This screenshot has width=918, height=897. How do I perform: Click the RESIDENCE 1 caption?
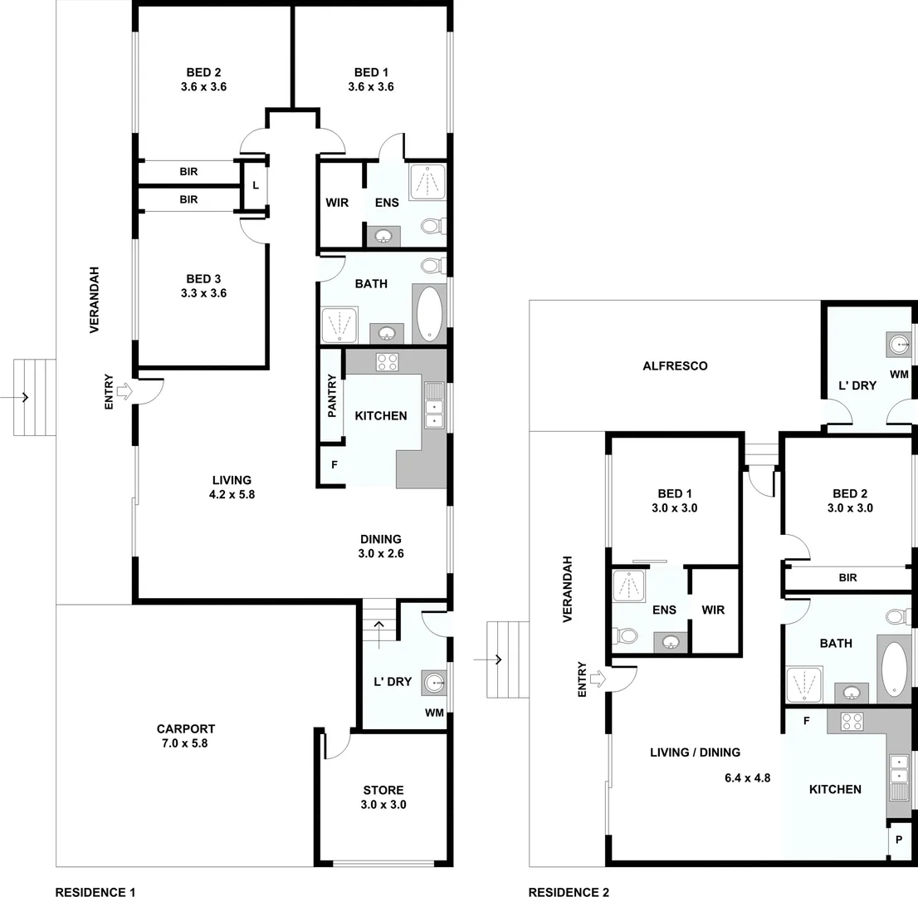[x=95, y=892]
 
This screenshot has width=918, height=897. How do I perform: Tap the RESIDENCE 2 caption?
[x=569, y=892]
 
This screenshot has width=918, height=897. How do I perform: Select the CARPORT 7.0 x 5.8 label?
[x=186, y=736]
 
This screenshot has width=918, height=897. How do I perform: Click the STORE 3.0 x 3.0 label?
[x=383, y=797]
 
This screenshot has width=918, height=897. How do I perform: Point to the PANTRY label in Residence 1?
[x=332, y=395]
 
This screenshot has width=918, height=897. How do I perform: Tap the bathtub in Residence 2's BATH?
[x=894, y=669]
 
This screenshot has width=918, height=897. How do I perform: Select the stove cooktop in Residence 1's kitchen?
[x=387, y=361]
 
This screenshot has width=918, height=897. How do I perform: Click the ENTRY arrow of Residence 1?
[x=125, y=390]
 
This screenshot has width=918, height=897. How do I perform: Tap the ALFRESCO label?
[x=676, y=365]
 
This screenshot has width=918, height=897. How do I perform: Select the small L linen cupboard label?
[x=256, y=185]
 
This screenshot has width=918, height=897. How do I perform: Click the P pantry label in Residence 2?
[x=899, y=840]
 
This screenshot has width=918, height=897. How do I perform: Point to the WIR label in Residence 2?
[x=713, y=610]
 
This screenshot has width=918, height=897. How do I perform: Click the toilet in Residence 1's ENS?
[x=432, y=226]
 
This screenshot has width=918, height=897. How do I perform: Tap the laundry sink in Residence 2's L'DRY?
[x=899, y=344]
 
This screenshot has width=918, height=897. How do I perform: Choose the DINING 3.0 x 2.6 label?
[x=380, y=546]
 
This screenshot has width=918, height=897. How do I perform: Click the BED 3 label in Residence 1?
[x=203, y=286]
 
